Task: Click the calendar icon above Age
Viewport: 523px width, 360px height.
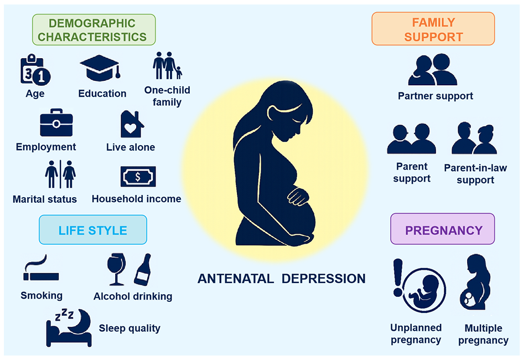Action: point(35,70)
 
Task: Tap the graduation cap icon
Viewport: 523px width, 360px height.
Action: point(100,68)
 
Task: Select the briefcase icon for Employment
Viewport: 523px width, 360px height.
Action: point(56,122)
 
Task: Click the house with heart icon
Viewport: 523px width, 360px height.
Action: point(132,124)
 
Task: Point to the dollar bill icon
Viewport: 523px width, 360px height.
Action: point(138,177)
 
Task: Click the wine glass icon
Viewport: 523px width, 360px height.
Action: point(116,269)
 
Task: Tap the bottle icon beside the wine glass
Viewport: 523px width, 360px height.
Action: point(143,270)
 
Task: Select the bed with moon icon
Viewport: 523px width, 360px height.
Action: point(69,328)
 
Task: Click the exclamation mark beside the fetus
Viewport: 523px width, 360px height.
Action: point(398,278)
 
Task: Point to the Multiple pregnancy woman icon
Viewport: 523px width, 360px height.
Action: point(476,282)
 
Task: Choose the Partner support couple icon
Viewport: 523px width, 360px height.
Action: point(433,69)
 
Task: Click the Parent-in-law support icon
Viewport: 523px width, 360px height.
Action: point(474,138)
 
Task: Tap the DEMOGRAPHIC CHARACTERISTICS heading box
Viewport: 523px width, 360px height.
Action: point(94,30)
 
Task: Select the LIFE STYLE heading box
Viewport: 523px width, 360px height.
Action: point(93,230)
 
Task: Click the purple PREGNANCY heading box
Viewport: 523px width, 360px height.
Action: point(443,229)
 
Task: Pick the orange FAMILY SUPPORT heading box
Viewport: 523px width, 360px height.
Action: point(433,29)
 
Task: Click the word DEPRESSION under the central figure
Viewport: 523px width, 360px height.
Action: point(324,279)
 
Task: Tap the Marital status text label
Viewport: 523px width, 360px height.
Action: point(45,199)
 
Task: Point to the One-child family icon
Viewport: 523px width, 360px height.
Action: point(168,65)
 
